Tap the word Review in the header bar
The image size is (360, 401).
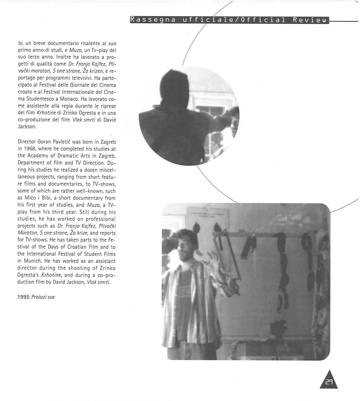click(309, 20)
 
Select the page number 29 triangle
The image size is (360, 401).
click(329, 380)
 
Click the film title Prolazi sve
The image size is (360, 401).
click(43, 297)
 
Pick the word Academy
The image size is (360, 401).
click(36, 156)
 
